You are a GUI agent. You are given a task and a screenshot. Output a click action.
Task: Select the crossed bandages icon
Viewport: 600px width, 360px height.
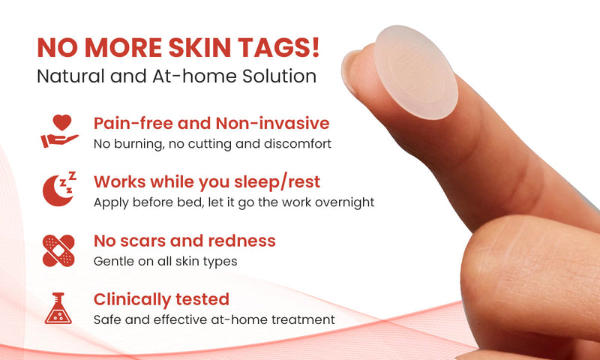tap(59, 249)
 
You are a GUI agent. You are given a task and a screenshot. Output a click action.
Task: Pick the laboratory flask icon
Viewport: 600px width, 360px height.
tap(59, 307)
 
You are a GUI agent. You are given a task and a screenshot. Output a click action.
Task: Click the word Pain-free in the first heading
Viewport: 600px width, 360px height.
tap(131, 123)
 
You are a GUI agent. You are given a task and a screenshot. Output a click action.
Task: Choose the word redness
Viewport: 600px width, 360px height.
tap(243, 241)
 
